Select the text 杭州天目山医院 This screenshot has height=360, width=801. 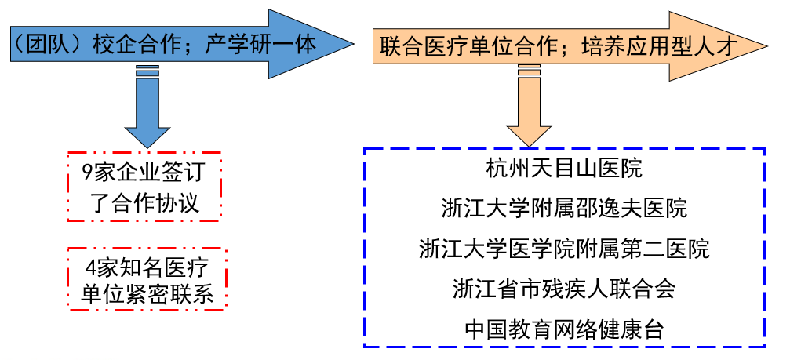point(563,169)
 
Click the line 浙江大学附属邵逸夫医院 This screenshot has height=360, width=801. point(563,209)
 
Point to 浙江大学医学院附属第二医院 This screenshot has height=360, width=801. point(563,249)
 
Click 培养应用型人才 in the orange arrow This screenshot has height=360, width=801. point(658,46)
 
